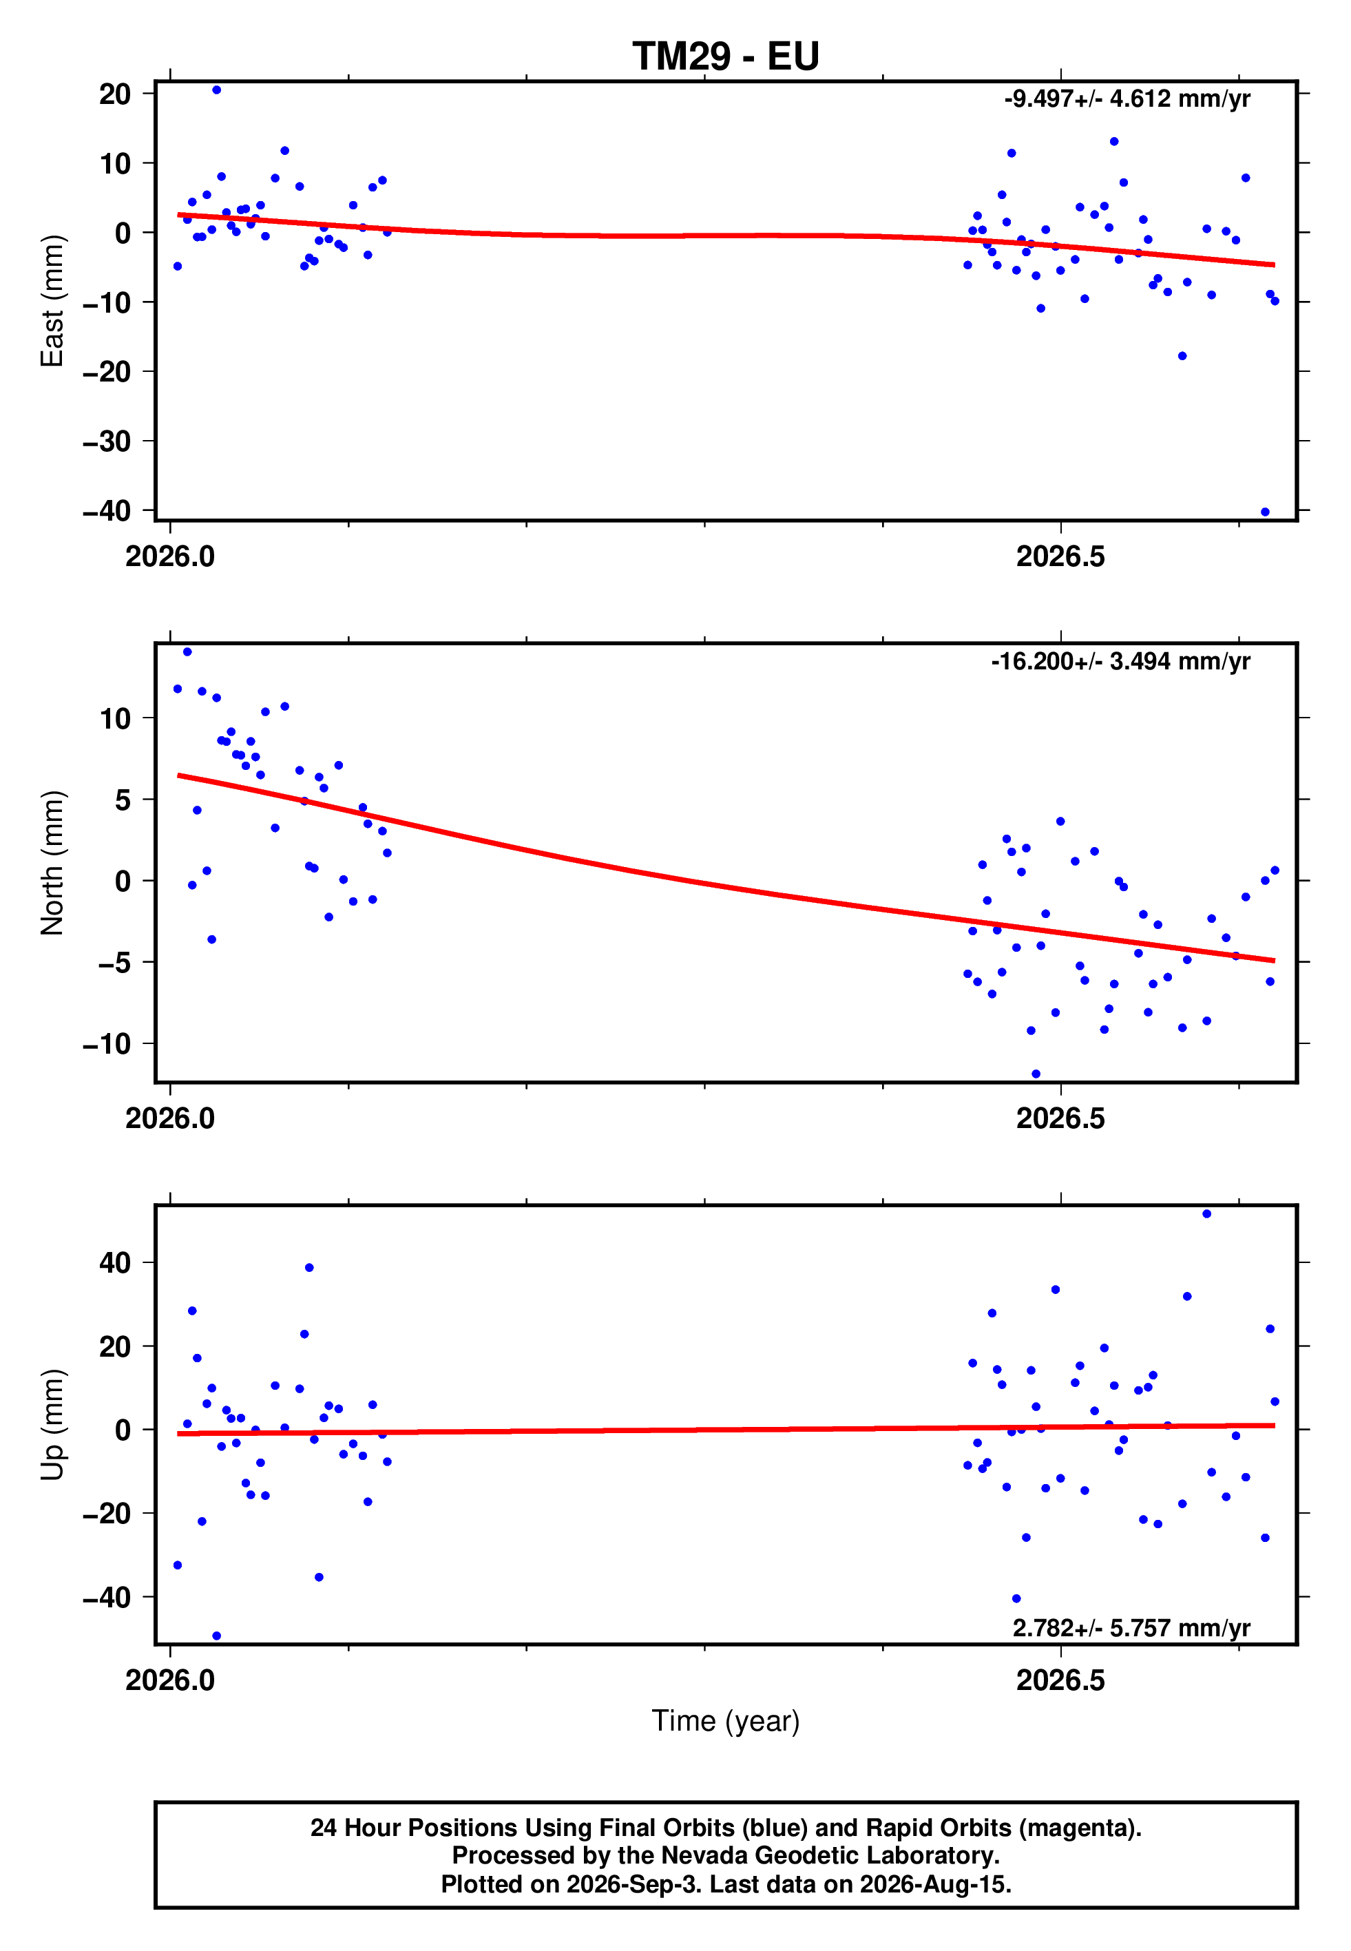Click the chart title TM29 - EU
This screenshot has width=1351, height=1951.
coord(726,56)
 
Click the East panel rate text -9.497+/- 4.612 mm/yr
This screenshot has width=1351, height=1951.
coord(1127,99)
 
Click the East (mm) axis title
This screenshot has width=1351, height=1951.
coord(52,302)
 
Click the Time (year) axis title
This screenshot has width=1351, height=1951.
coord(726,1722)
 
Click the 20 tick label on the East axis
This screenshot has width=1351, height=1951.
coord(115,94)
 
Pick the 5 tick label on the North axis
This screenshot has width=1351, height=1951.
coord(123,800)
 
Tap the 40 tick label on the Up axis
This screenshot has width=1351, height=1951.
coord(115,1263)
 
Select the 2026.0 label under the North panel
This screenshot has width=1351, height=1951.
coord(170,1118)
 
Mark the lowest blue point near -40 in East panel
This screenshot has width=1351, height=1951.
coord(1265,512)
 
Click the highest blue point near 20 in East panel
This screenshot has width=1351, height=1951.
coord(217,90)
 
